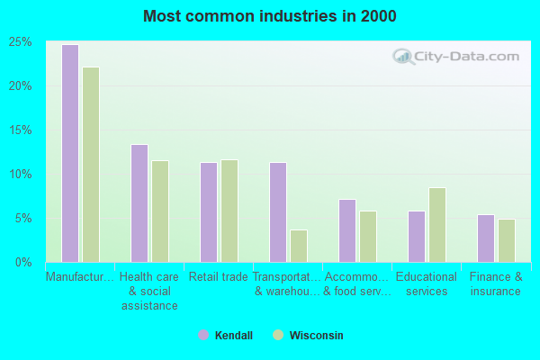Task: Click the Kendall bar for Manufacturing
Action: point(69,153)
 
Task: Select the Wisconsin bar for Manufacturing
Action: point(91,165)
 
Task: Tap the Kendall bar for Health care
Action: point(139,203)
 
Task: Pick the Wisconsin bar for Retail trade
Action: point(229,211)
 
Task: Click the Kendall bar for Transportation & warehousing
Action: point(278,212)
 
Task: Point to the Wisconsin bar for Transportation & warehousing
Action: point(299,246)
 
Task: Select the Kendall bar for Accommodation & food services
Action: point(347,230)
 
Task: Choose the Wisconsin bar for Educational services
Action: point(437,225)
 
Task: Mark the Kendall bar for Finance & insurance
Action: point(486,238)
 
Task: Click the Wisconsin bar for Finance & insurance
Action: point(507,240)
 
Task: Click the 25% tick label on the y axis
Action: point(22,42)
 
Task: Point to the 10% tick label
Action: point(22,175)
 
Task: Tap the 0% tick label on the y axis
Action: point(24,263)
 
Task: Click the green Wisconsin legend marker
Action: point(278,336)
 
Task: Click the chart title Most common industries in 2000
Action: point(270,16)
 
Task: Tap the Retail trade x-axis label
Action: point(218,277)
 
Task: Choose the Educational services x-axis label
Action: point(427,283)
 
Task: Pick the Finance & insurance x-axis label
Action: point(496,283)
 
